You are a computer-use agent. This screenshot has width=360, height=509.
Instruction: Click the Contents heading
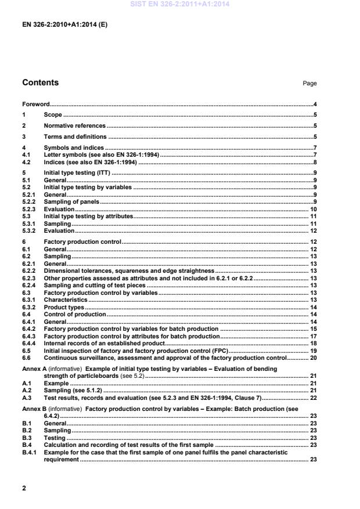(40, 83)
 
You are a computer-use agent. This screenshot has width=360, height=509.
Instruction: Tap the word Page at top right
(309, 84)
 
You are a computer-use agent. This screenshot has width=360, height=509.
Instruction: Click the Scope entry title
(52, 114)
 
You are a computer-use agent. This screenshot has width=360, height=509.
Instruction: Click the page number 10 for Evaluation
(312, 208)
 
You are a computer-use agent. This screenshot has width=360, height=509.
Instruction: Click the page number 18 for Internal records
(312, 343)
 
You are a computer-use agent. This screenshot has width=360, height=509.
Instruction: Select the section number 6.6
(27, 358)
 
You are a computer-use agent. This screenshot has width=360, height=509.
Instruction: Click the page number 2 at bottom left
(24, 488)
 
